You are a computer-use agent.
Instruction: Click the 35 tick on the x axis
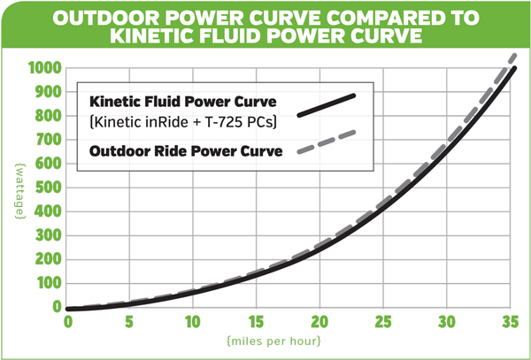coord(508,321)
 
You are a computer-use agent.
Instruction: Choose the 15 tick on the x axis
coord(256,321)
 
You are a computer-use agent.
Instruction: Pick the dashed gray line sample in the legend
coord(327,142)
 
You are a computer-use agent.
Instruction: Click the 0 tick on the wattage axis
coord(58,307)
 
